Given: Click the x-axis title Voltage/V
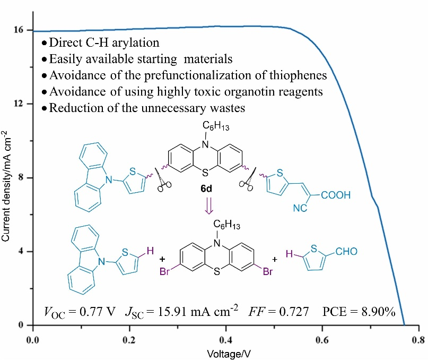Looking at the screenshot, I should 226,352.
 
